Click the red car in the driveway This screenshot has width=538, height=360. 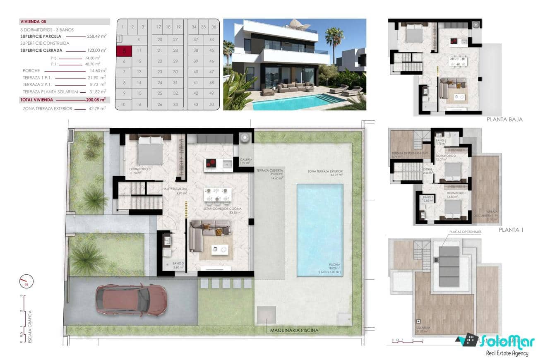click(132, 300)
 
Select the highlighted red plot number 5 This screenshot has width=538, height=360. click(124, 51)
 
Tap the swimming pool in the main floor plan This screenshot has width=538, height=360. click(319, 230)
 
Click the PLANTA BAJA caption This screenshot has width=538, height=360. click(504, 119)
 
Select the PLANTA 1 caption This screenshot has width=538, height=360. click(511, 230)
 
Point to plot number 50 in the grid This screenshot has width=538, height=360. click(212, 105)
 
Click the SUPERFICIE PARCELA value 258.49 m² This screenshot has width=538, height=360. click(97, 36)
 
